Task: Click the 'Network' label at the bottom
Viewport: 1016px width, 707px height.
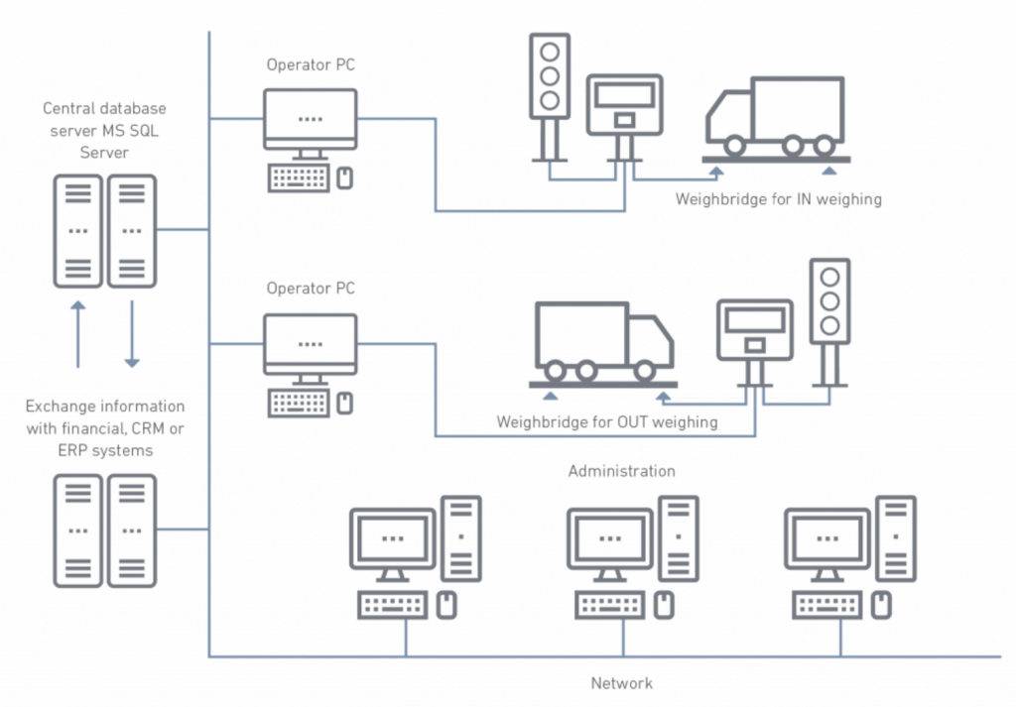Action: [622, 683]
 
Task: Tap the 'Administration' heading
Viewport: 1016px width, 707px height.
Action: [621, 471]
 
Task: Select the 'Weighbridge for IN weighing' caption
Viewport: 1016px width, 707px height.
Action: [778, 199]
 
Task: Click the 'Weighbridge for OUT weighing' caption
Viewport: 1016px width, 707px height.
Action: [606, 422]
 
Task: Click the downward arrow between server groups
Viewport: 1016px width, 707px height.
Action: [132, 333]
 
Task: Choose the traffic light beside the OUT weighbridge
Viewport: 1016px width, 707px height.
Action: [828, 301]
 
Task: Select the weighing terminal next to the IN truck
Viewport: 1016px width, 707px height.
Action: [624, 105]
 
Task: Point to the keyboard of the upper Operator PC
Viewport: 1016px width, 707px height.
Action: [298, 177]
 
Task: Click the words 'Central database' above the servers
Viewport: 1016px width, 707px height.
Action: [104, 108]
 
